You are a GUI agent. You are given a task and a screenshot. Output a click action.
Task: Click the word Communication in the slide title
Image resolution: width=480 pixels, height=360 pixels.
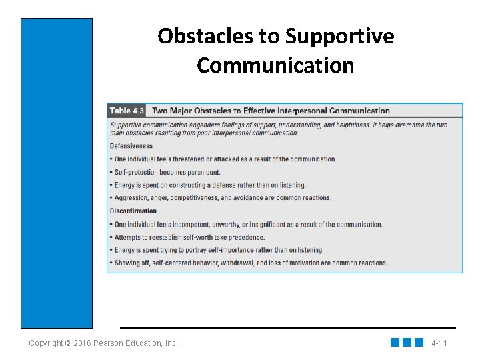(x=275, y=65)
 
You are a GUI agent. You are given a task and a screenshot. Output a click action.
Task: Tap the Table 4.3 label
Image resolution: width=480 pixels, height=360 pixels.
(x=127, y=111)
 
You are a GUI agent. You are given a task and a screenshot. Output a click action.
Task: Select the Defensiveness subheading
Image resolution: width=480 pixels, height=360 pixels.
(x=131, y=146)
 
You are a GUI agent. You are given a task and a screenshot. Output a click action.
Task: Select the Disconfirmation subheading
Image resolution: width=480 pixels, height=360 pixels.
(x=133, y=211)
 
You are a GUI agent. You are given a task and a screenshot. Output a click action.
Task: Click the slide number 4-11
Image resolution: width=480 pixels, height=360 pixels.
(x=439, y=343)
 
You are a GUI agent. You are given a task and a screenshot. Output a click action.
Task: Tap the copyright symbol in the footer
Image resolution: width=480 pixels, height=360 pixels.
(x=69, y=343)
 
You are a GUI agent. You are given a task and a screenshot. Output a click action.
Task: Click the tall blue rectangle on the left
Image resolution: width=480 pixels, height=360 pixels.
(x=57, y=173)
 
